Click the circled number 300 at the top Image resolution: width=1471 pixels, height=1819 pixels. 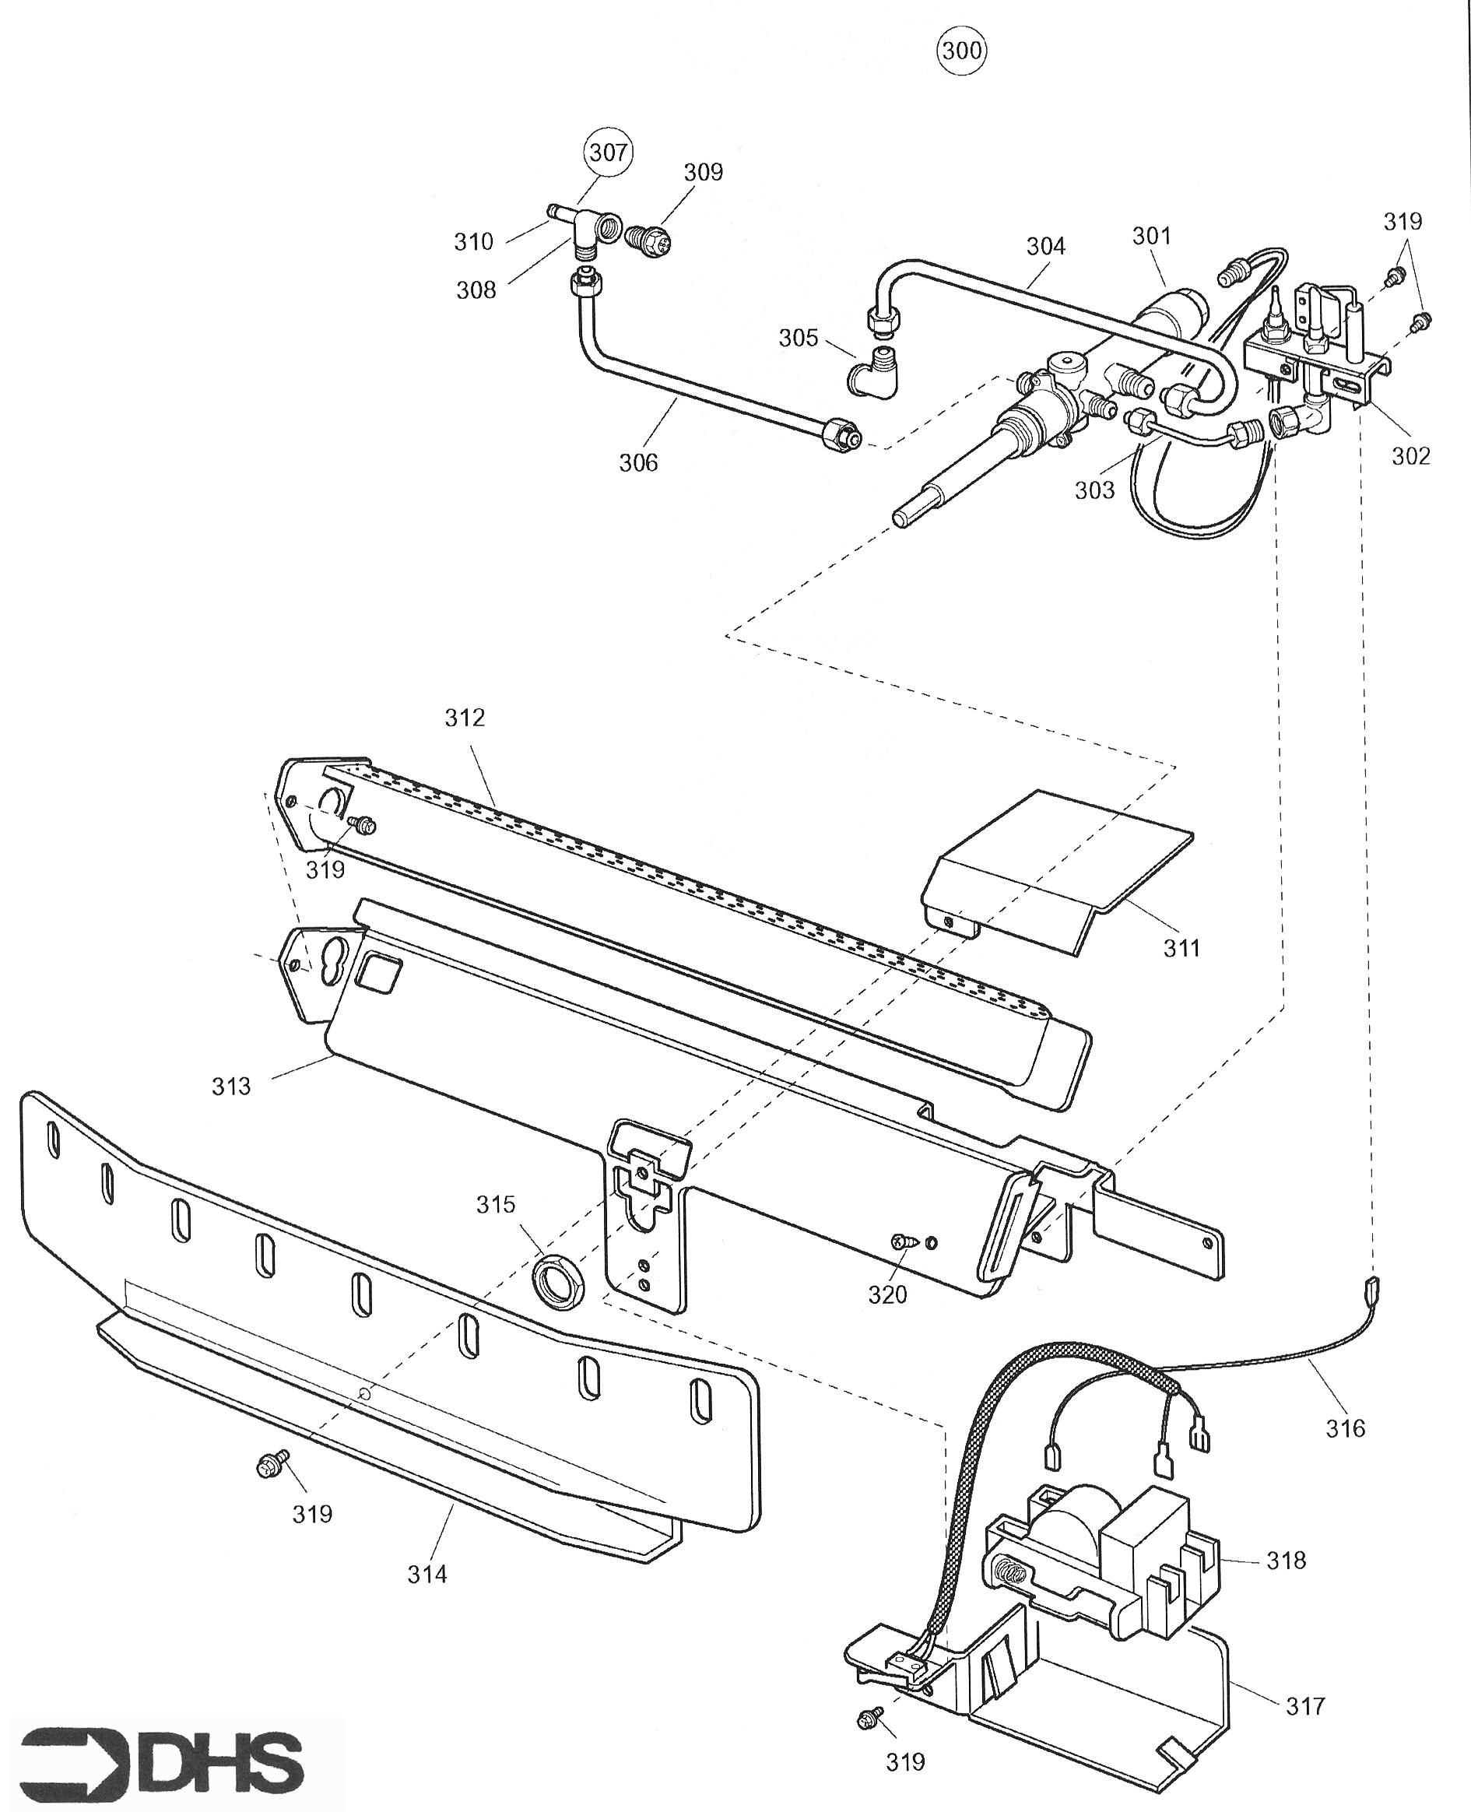pyautogui.click(x=962, y=51)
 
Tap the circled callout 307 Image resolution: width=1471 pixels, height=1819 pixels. pyautogui.click(x=608, y=153)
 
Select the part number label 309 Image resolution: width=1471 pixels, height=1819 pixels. pyautogui.click(x=704, y=172)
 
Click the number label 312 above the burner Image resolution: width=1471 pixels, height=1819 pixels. pyautogui.click(x=465, y=718)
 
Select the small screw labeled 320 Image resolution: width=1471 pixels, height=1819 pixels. pyautogui.click(x=904, y=1241)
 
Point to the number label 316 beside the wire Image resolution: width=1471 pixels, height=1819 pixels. pyautogui.click(x=1346, y=1428)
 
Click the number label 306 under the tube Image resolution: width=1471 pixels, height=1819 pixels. pyautogui.click(x=638, y=462)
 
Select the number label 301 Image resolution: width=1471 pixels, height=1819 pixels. pyautogui.click(x=1152, y=236)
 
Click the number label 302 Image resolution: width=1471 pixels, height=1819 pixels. pyautogui.click(x=1411, y=456)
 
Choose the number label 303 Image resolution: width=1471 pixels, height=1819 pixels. pyautogui.click(x=1095, y=490)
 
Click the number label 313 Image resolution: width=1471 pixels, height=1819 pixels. pyautogui.click(x=230, y=1085)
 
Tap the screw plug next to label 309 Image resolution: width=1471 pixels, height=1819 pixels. pyautogui.click(x=650, y=237)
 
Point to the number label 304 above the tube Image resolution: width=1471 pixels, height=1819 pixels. pyautogui.click(x=1045, y=246)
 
